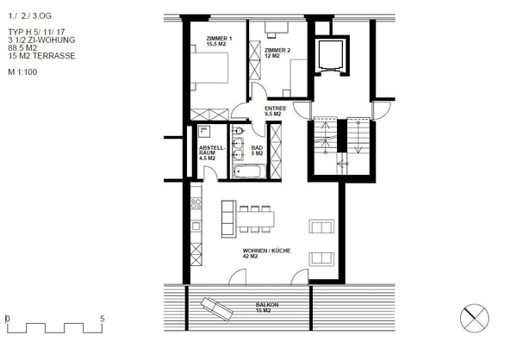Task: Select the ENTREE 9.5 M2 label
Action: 275,110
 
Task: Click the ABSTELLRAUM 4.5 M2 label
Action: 211,152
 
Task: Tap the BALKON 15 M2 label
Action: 266,308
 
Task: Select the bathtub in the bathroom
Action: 248,171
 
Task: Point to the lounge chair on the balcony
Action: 216,308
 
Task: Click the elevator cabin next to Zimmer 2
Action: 330,55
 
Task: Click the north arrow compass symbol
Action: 475,317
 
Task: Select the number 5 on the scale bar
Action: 102,319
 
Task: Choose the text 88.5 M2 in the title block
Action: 23,49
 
